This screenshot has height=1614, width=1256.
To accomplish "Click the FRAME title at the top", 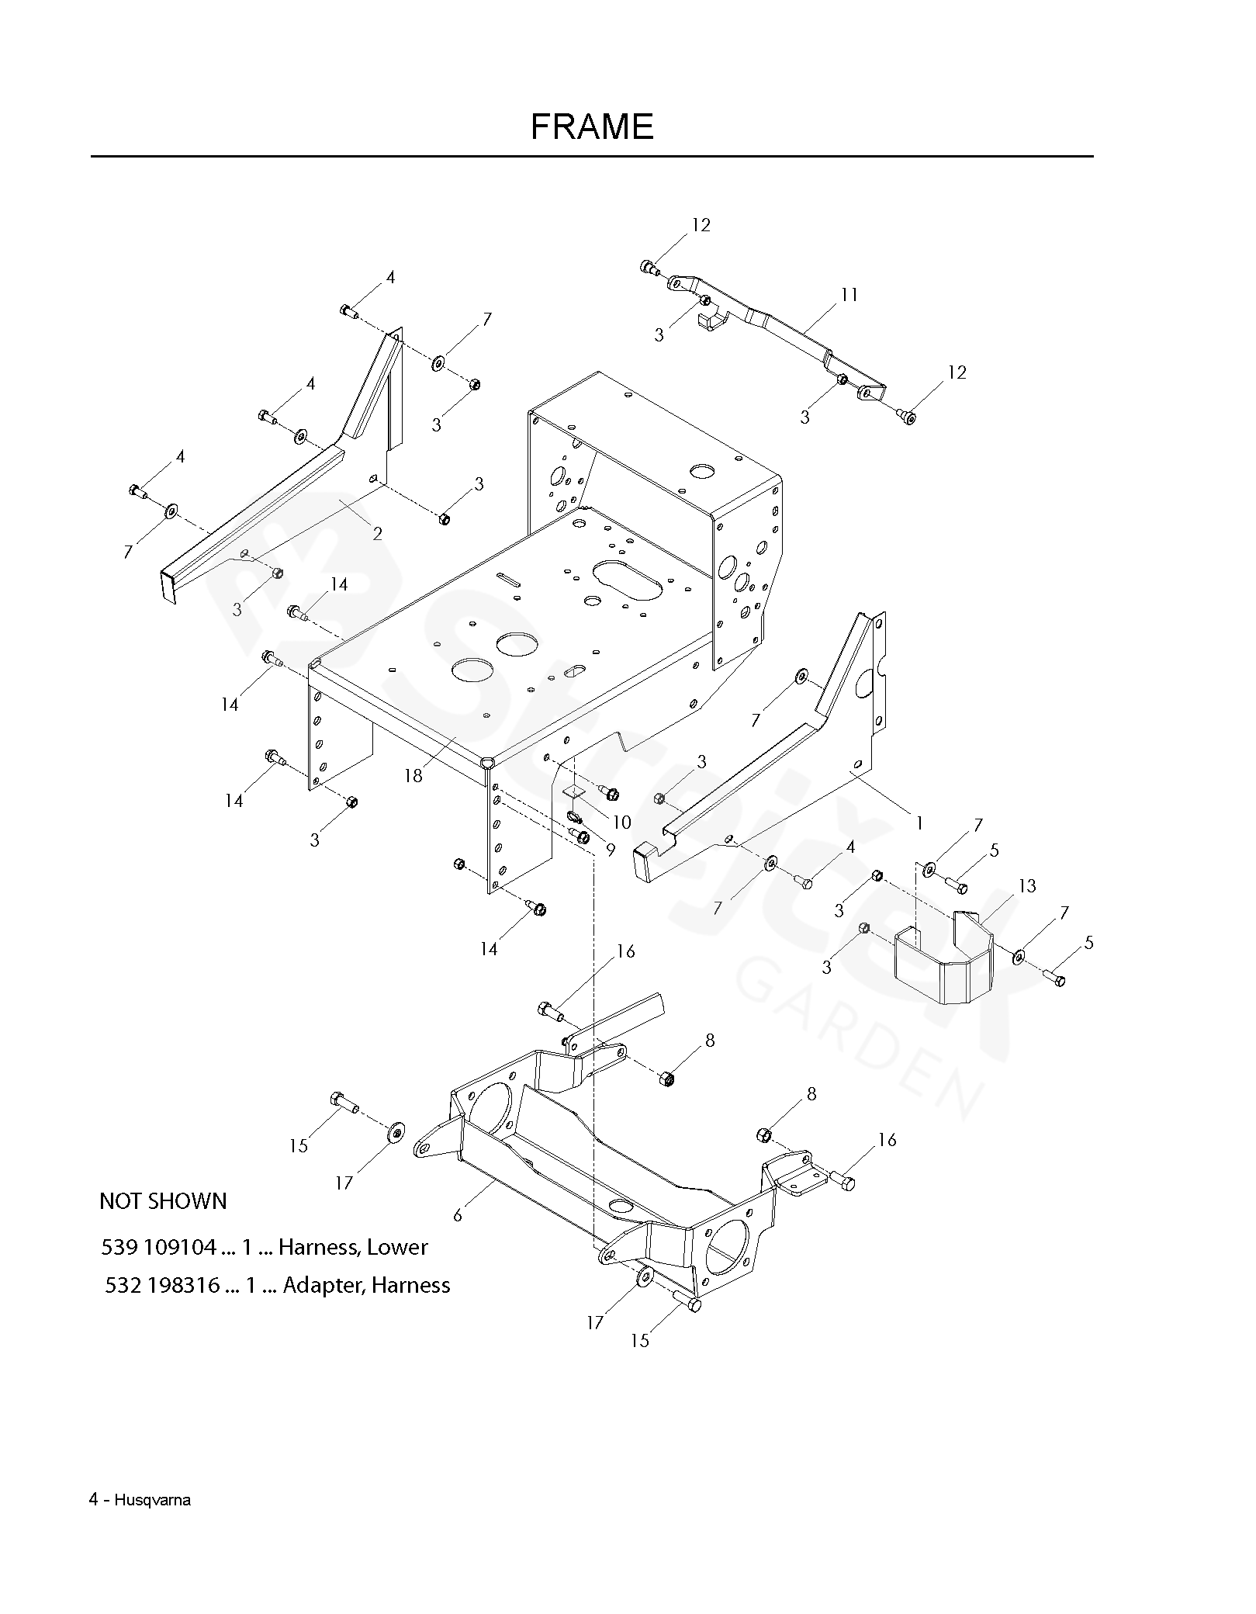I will (x=591, y=126).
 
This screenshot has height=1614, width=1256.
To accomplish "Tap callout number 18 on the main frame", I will (x=413, y=775).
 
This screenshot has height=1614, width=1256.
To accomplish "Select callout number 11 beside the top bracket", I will (x=849, y=295).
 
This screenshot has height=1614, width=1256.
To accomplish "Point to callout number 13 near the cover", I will (x=1027, y=886).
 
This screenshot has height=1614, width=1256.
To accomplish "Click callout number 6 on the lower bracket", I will (x=458, y=1215).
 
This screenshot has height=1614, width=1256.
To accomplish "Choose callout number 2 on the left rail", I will (x=377, y=534).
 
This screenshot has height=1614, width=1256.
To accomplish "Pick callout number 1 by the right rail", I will (x=919, y=823).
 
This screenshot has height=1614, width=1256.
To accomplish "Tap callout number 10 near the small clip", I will (x=621, y=822).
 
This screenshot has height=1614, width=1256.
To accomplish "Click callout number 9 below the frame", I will (x=611, y=850).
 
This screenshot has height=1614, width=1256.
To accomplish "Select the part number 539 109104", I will (x=158, y=1248).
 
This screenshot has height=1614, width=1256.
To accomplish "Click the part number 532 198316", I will (x=162, y=1286).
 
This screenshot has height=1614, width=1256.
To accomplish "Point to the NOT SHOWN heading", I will (x=163, y=1202).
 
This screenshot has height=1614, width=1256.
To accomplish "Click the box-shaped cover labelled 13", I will (x=943, y=965).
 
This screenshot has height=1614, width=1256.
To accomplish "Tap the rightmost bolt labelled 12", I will (x=909, y=417).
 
